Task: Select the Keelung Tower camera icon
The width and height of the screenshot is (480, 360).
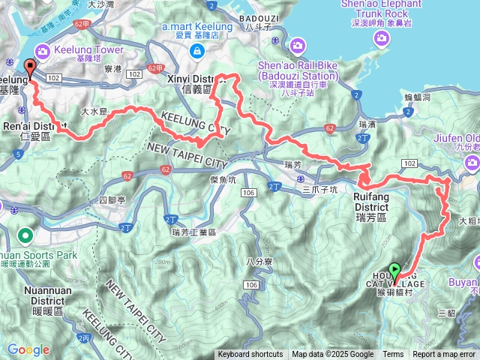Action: pyautogui.click(x=42, y=51)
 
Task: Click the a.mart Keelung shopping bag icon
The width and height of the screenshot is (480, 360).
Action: pyautogui.click(x=196, y=51)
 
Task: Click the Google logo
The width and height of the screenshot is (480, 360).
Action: pyautogui.click(x=28, y=349)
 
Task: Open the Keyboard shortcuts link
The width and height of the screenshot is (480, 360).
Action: pyautogui.click(x=250, y=355)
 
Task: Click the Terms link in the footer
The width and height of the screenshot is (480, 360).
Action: pyautogui.click(x=393, y=355)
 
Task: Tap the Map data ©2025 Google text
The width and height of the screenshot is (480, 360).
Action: pyautogui.click(x=332, y=355)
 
